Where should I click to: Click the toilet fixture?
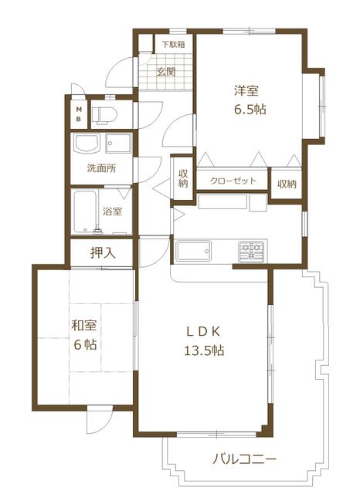pyautogui.click(x=104, y=114)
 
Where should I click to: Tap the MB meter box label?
pyautogui.click(x=79, y=114)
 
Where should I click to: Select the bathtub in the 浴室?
pyautogui.click(x=84, y=211)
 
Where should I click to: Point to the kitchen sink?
pyautogui.click(x=194, y=251)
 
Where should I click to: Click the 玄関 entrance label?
pyautogui.click(x=166, y=72)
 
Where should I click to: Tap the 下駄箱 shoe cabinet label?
pyautogui.click(x=173, y=44)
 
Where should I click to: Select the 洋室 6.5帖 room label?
pyautogui.click(x=249, y=100)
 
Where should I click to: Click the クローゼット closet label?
pyautogui.click(x=233, y=181)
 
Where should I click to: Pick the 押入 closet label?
pyautogui.click(x=103, y=253)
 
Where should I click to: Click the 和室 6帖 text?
pyautogui.click(x=84, y=334)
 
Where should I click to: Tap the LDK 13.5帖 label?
pyautogui.click(x=204, y=341)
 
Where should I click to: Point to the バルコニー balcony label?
pyautogui.click(x=245, y=459)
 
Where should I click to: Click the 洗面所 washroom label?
pyautogui.click(x=101, y=168)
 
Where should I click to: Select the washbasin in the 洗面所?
pyautogui.click(x=87, y=144)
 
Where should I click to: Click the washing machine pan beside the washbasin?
pyautogui.click(x=118, y=144)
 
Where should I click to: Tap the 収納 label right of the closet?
pyautogui.click(x=287, y=184)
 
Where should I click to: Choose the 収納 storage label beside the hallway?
pyautogui.click(x=183, y=178)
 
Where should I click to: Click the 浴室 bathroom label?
pyautogui.click(x=113, y=211)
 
